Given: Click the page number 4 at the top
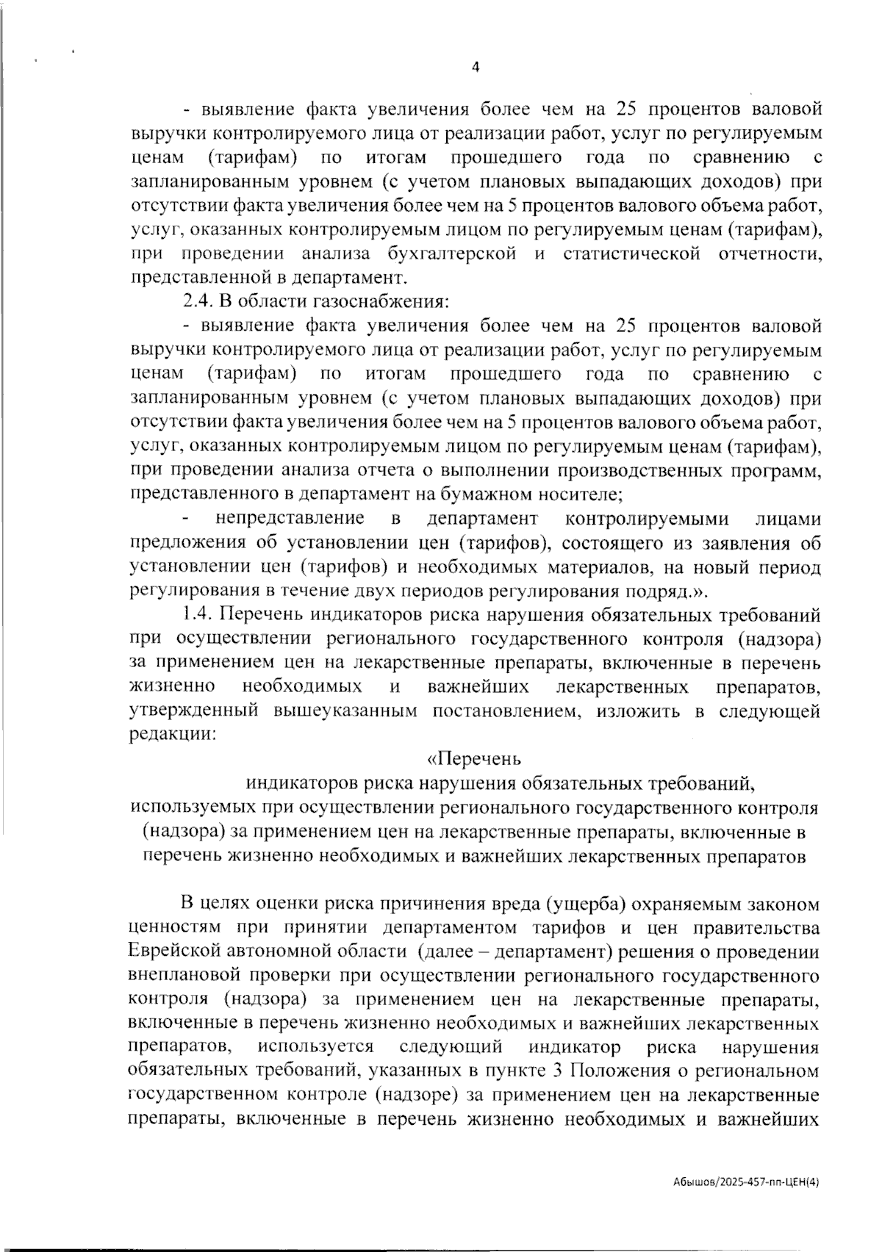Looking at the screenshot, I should (x=475, y=67).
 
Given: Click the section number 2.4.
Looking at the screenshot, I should (x=196, y=302).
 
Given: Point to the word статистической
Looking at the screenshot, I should (x=630, y=254).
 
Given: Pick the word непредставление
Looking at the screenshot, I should (x=290, y=519).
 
